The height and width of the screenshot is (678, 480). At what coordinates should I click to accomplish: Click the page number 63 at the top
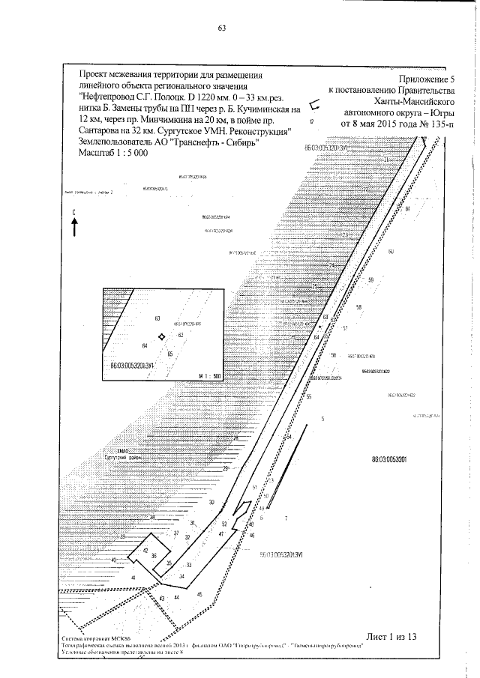pos(222,29)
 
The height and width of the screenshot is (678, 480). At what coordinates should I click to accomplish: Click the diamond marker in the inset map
pos(161,338)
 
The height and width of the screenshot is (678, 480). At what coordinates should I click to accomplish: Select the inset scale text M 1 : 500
pos(208,375)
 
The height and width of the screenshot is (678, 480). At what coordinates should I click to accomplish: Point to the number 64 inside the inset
pos(144,345)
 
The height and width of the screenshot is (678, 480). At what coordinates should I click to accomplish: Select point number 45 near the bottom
pos(199,593)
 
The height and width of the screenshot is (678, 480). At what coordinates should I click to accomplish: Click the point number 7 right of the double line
pos(286,518)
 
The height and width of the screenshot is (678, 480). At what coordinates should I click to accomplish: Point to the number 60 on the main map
pos(391,251)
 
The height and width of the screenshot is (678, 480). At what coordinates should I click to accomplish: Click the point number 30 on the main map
pos(211,502)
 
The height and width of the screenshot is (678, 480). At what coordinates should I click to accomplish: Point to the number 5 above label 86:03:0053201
pos(322,418)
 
